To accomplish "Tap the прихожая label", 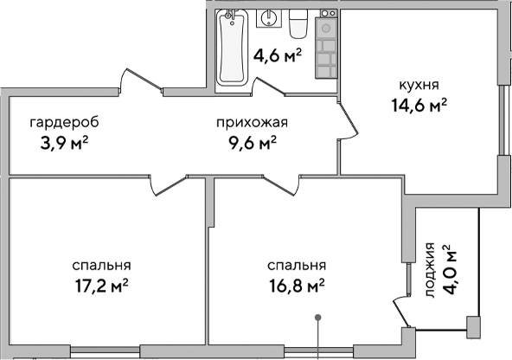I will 252,122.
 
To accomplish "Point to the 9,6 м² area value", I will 252,142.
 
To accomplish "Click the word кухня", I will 419,86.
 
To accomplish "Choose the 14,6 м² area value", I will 419,106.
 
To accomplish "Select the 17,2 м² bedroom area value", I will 102,284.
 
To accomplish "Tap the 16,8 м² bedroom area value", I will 296,284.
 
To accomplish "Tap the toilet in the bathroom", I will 298,24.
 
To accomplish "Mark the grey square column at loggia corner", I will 472,325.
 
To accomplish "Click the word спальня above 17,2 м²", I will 102,265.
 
